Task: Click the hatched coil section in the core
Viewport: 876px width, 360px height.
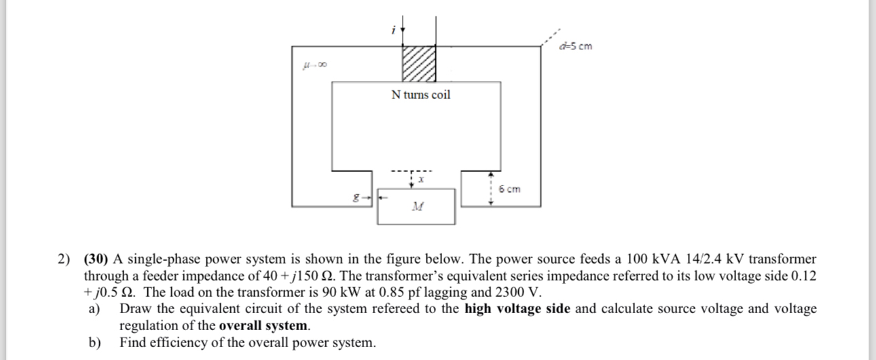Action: (419, 65)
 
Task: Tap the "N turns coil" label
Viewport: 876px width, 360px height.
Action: (421, 95)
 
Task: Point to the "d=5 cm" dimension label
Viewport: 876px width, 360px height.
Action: (576, 46)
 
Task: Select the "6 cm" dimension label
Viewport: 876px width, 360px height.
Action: (509, 189)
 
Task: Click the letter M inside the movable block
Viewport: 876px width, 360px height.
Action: (416, 206)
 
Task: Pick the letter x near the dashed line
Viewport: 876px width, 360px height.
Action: (421, 180)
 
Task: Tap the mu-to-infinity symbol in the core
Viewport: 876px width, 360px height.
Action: (316, 65)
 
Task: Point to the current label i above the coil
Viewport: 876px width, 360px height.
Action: (393, 31)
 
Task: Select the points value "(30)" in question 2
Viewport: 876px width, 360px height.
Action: (96, 259)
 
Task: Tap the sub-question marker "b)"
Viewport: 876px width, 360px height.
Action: (95, 342)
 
